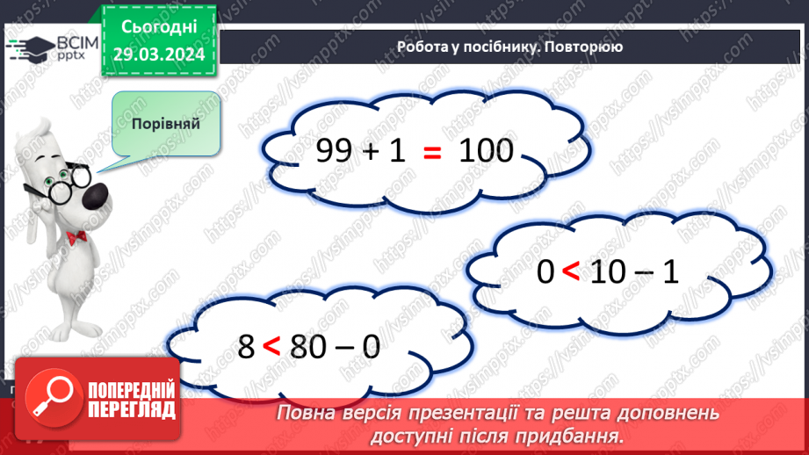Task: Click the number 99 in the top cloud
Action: [334, 152]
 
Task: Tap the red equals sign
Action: [431, 153]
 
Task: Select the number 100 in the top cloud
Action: [486, 152]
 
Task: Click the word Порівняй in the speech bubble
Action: [166, 123]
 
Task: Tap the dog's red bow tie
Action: [75, 237]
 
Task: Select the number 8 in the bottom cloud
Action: [247, 346]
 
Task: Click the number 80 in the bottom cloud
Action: [306, 346]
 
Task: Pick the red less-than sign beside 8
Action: [272, 347]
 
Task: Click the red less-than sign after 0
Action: [571, 274]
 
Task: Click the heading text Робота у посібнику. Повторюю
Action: [509, 47]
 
